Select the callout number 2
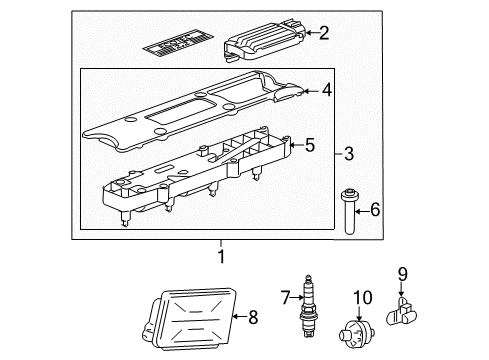coord(323,34)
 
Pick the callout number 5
coord(310,147)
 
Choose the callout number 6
coord(375,209)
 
